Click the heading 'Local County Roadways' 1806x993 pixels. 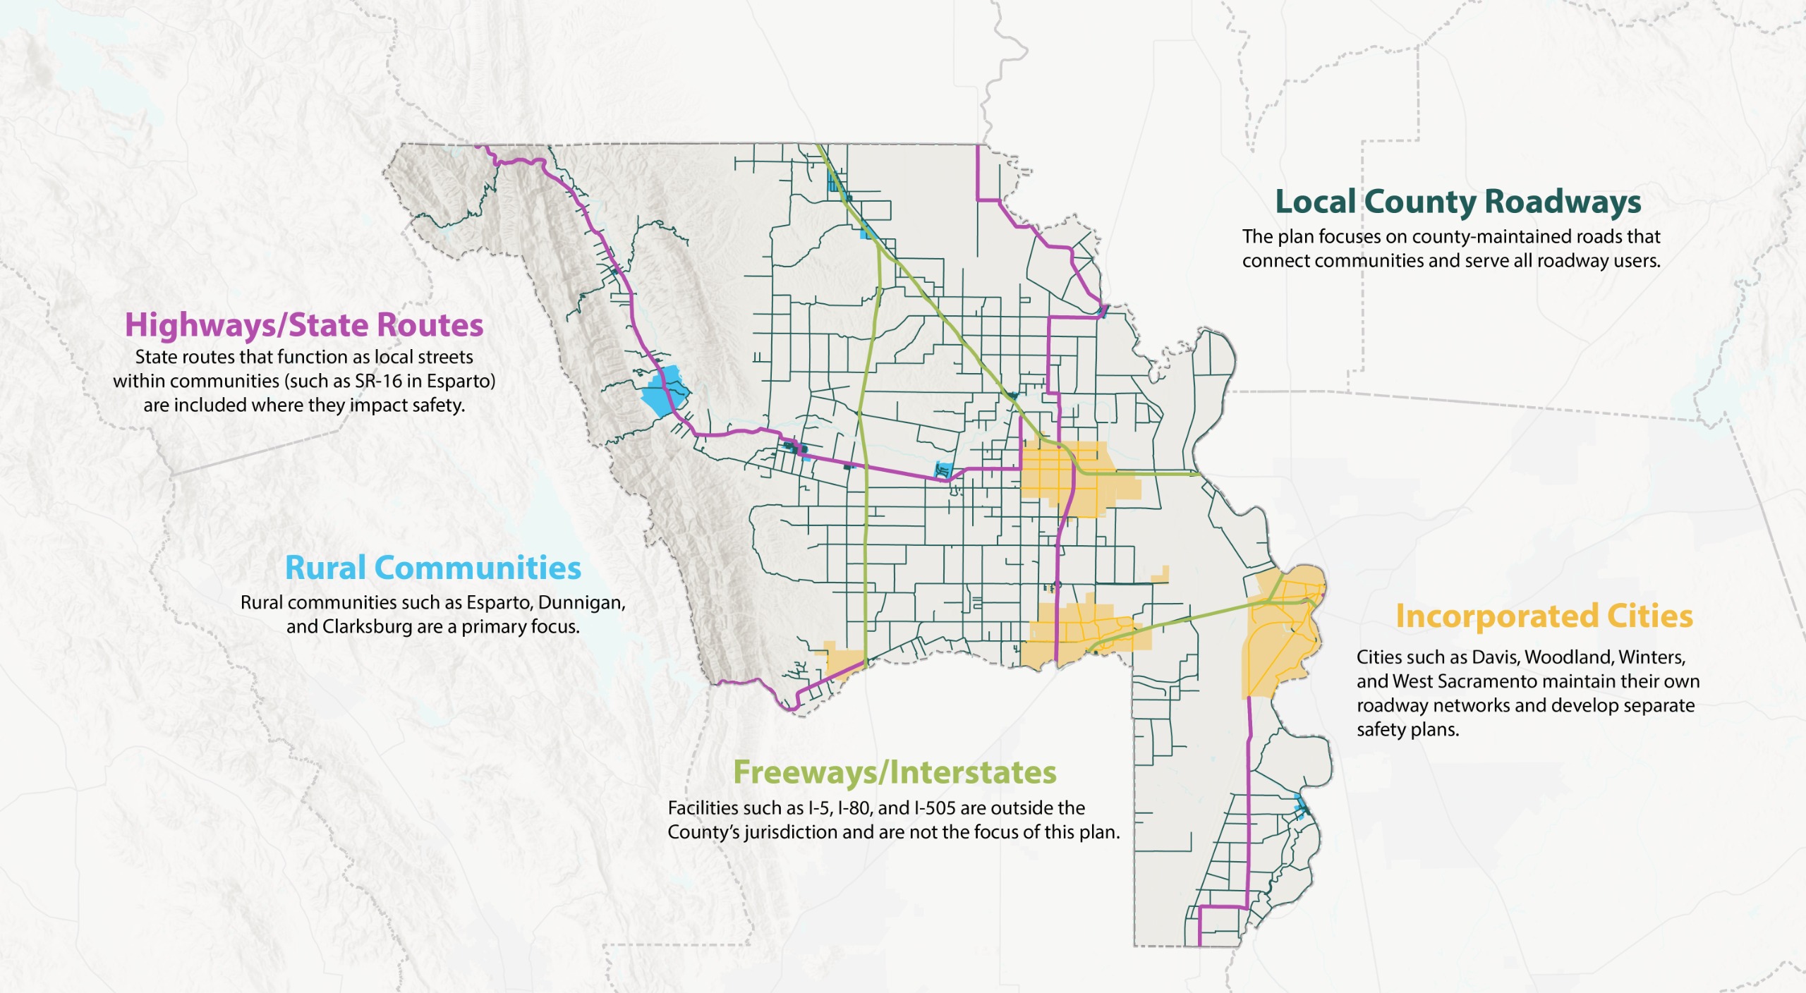click(x=1457, y=202)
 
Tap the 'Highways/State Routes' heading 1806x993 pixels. click(x=304, y=325)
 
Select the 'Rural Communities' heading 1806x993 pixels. click(x=432, y=568)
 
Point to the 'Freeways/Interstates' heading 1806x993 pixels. click(x=895, y=772)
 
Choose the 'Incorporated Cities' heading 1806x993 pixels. click(x=1544, y=616)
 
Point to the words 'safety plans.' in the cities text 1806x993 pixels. click(x=1407, y=730)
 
